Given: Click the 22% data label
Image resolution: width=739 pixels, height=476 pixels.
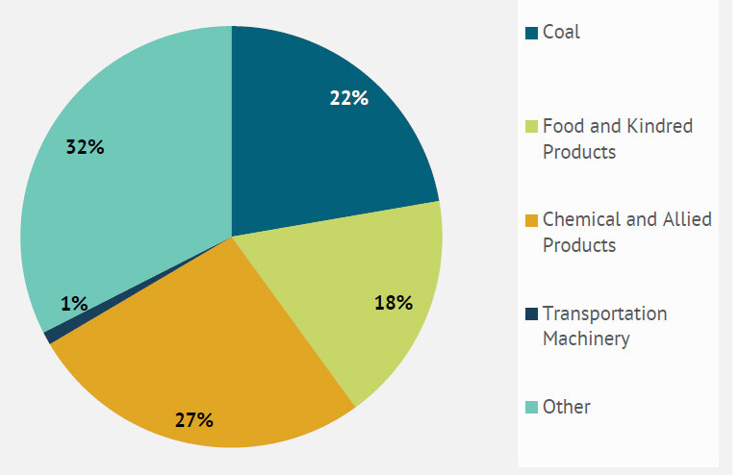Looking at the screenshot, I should click(348, 98).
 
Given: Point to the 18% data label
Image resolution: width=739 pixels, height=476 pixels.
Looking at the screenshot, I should click(393, 303).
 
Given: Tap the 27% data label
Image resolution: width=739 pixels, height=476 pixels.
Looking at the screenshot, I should click(193, 419).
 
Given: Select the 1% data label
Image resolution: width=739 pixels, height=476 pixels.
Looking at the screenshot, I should click(74, 304).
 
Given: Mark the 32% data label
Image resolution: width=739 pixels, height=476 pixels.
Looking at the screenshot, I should click(85, 147).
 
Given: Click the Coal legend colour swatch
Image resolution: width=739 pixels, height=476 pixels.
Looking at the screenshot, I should click(530, 34).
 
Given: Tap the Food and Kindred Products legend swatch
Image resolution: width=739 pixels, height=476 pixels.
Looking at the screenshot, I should click(530, 127).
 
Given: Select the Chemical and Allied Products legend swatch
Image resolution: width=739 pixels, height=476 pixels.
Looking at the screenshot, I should click(530, 220).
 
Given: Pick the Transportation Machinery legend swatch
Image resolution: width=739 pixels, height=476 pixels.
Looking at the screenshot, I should click(530, 314).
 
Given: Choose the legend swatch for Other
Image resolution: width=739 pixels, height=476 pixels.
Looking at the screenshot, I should click(530, 408).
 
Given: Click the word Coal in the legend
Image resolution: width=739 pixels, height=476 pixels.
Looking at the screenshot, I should click(561, 33).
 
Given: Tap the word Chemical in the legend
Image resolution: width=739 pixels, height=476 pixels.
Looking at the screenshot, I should click(581, 219).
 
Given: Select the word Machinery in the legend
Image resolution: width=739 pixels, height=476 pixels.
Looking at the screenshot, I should click(586, 338).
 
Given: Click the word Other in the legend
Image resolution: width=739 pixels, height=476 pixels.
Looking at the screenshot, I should click(567, 407).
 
